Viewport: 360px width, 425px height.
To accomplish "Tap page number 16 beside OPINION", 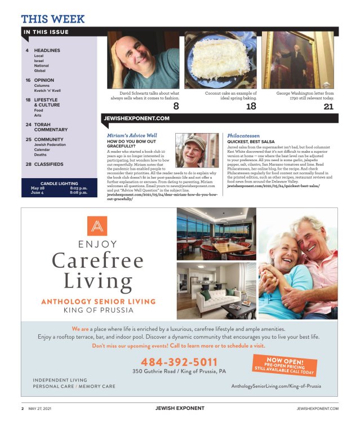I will coord(28,80).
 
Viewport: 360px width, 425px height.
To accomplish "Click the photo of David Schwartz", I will coord(143,60).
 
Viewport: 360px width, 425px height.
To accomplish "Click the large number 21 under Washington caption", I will coord(328,106).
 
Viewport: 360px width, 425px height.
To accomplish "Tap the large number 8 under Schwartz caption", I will coord(176,106).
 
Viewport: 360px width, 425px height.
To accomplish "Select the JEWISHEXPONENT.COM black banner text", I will coord(137,118).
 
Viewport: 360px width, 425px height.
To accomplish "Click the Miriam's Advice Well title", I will coord(132,136).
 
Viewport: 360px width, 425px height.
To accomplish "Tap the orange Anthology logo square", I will coord(97,225).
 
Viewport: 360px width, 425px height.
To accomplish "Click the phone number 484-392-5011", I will coord(179,362).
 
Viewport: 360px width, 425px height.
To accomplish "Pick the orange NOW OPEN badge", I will coord(283,365).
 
